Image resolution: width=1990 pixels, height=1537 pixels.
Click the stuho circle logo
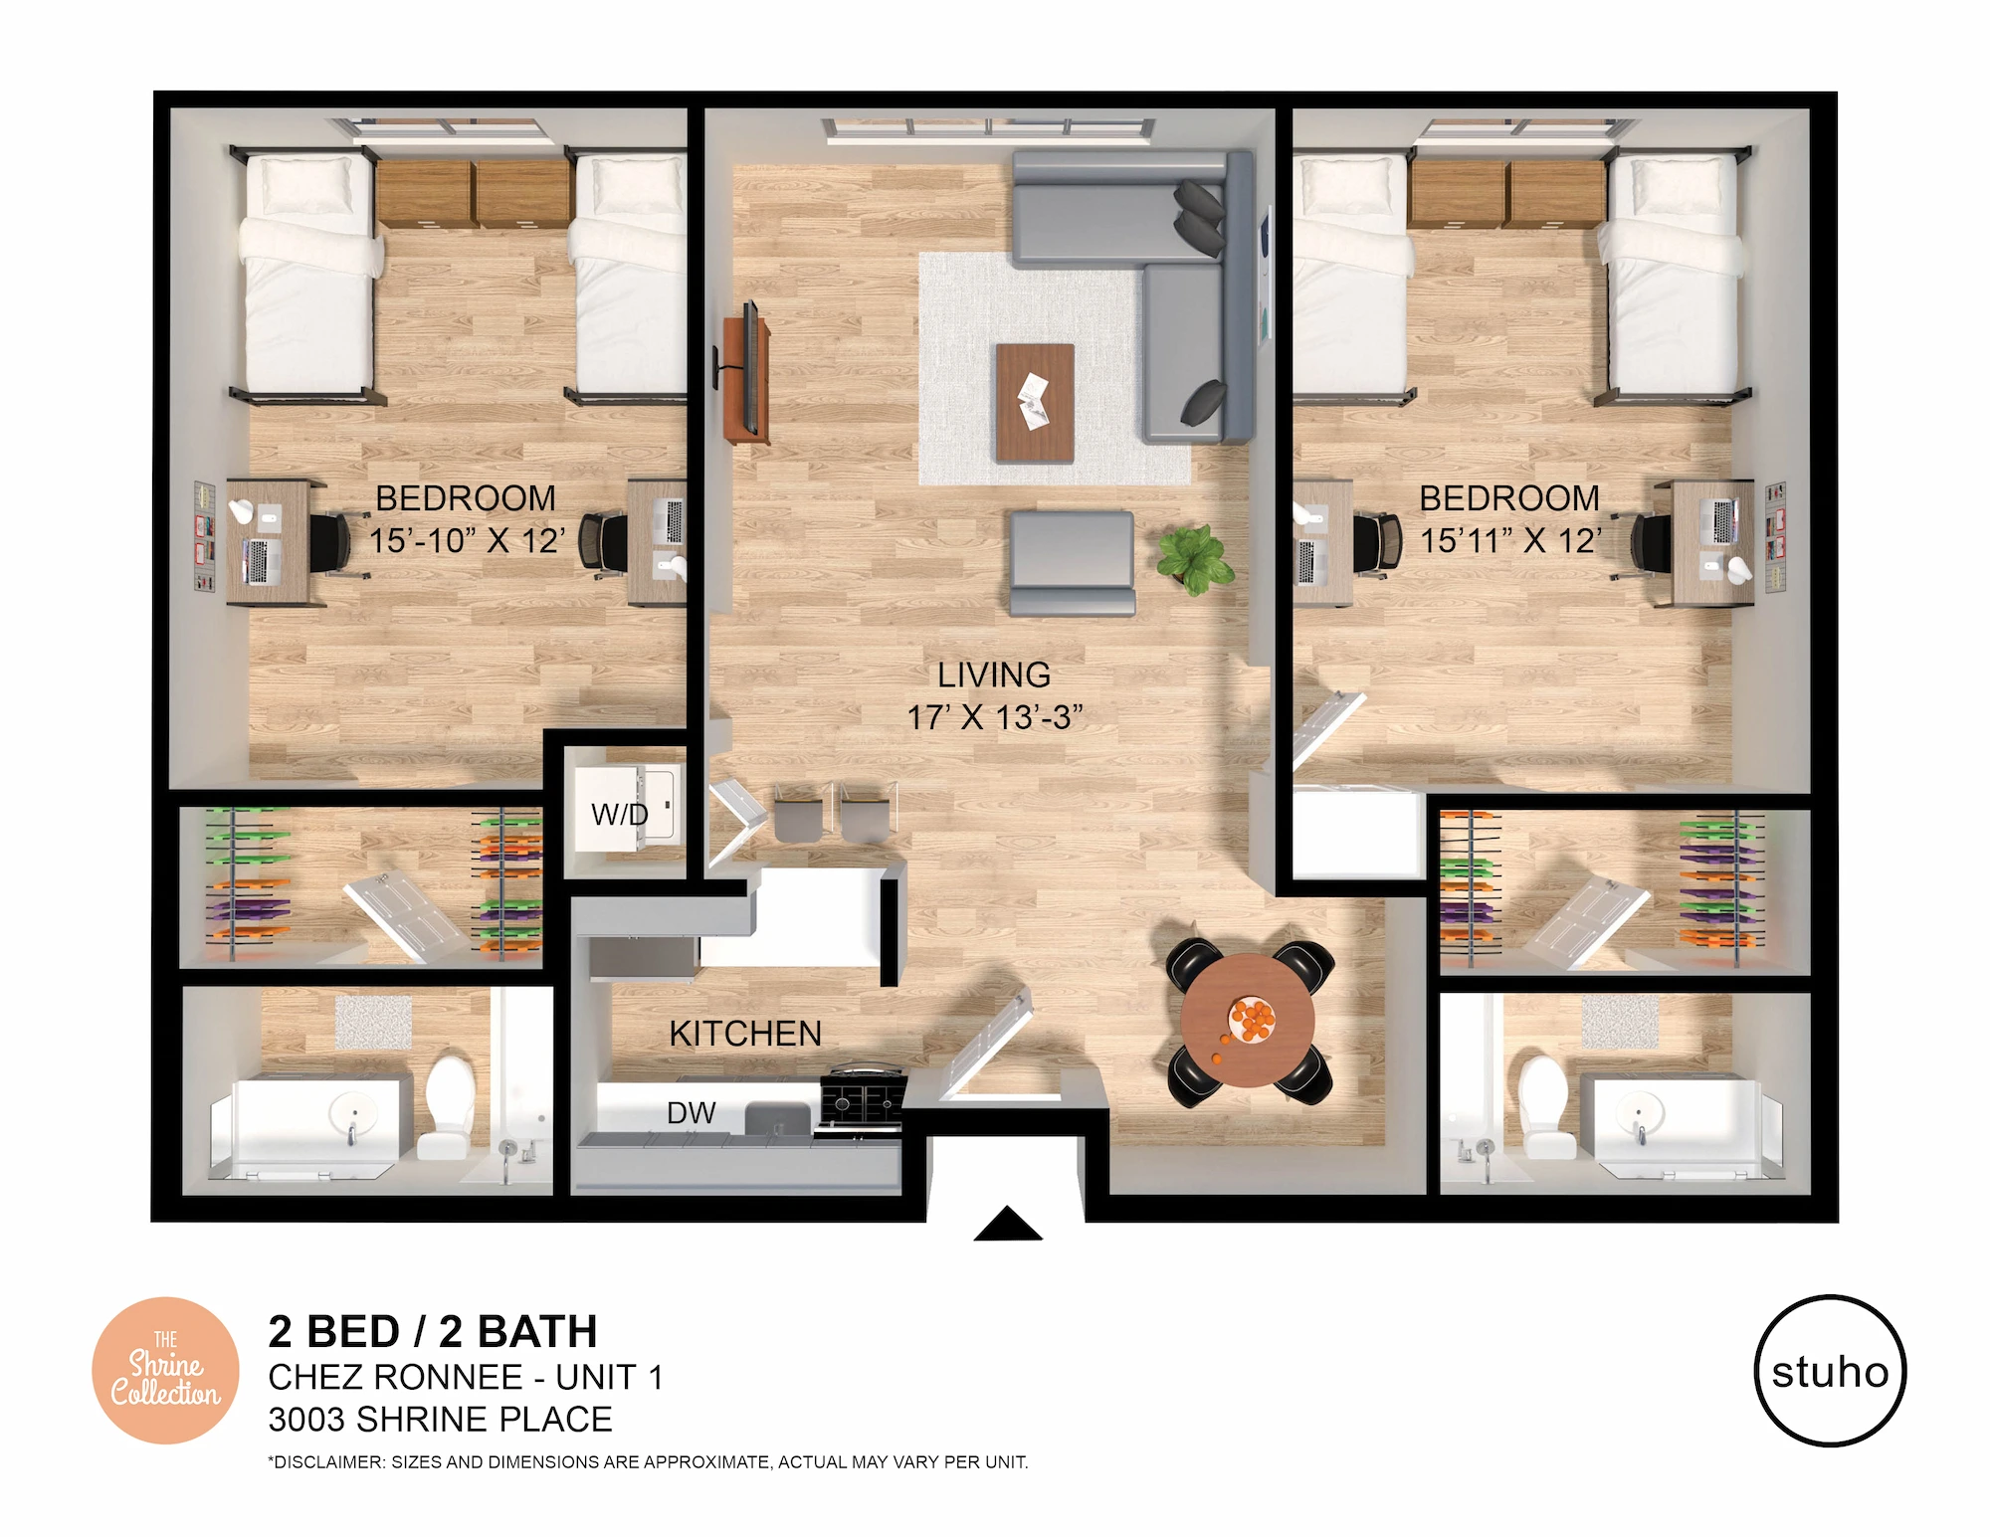[x=1829, y=1370]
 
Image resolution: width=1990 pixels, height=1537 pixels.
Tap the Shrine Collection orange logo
[x=165, y=1370]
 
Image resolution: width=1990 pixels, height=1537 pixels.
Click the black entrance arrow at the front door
[x=1007, y=1224]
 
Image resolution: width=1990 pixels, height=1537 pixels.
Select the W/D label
[x=619, y=815]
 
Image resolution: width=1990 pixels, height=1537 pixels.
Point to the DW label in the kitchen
[x=691, y=1113]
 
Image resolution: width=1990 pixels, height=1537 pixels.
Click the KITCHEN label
[x=745, y=1034]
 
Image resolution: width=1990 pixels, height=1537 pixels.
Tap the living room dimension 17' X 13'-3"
[x=994, y=717]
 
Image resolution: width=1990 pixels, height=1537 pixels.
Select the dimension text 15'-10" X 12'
[x=467, y=541]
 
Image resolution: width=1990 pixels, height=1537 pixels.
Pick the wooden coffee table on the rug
[x=1035, y=403]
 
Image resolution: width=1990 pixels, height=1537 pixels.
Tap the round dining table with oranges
[x=1248, y=1021]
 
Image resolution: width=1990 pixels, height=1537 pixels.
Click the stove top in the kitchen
[x=863, y=1100]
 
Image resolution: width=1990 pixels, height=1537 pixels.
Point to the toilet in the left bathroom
[x=449, y=1107]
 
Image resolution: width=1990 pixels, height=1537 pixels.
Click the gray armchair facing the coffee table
[x=1073, y=563]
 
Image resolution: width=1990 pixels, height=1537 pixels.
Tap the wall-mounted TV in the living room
[x=750, y=368]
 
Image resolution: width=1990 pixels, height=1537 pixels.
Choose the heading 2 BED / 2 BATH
[x=433, y=1331]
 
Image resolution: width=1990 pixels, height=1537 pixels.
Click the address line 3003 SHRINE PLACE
[x=440, y=1420]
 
